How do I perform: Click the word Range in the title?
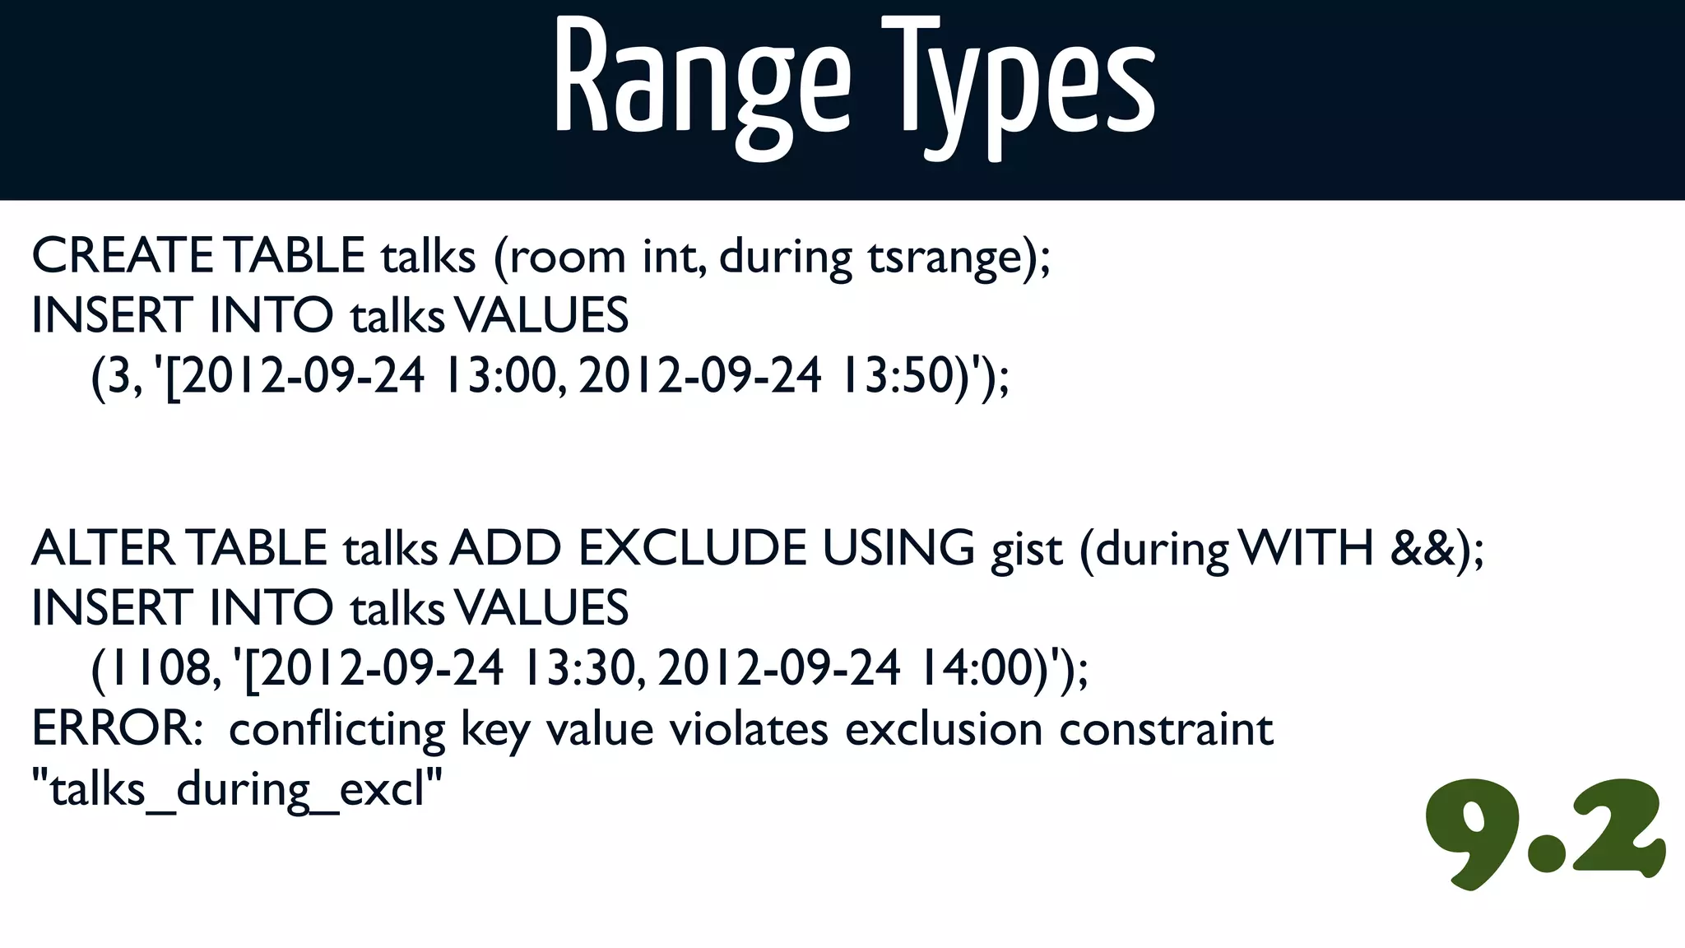[x=702, y=82]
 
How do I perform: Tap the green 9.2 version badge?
[x=1544, y=833]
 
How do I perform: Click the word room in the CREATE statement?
[x=568, y=257]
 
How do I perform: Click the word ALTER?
[x=104, y=548]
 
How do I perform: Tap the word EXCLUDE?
[x=692, y=548]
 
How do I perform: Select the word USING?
[x=898, y=548]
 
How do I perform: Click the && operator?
[x=1423, y=548]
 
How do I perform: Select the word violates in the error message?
[x=748, y=728]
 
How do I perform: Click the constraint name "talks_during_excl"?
[x=237, y=789]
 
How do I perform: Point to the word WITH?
[x=1306, y=548]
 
